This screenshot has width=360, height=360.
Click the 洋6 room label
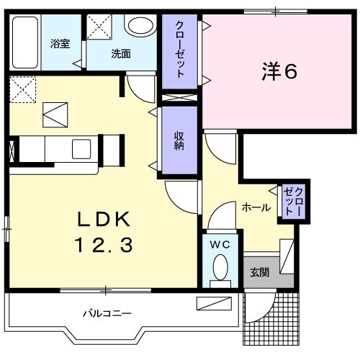pos(278,71)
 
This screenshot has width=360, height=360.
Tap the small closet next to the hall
pos(292,201)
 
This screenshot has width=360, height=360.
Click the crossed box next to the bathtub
pos(100,26)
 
